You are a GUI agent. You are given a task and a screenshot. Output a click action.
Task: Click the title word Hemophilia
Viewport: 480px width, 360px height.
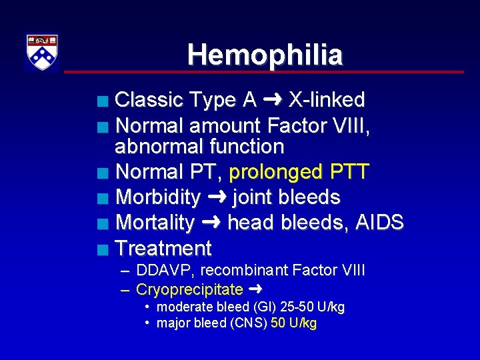click(265, 55)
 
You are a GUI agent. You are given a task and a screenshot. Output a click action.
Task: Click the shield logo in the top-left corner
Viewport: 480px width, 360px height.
click(42, 52)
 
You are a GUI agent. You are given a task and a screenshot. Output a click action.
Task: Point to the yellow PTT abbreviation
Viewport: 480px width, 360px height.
click(348, 172)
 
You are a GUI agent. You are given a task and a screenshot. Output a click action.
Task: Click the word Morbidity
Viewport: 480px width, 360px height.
click(157, 197)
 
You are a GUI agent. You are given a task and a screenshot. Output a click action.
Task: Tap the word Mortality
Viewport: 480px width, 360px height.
click(155, 223)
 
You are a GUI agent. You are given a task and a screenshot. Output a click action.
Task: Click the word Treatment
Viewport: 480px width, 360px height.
click(163, 249)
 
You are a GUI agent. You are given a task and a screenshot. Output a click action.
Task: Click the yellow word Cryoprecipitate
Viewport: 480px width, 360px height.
click(189, 290)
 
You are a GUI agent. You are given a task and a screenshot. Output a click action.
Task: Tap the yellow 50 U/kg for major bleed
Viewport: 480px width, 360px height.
click(294, 324)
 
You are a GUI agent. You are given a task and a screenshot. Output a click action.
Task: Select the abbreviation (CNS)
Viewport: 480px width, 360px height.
click(251, 324)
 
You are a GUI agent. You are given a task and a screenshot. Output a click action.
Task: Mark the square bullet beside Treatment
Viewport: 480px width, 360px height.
click(101, 251)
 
